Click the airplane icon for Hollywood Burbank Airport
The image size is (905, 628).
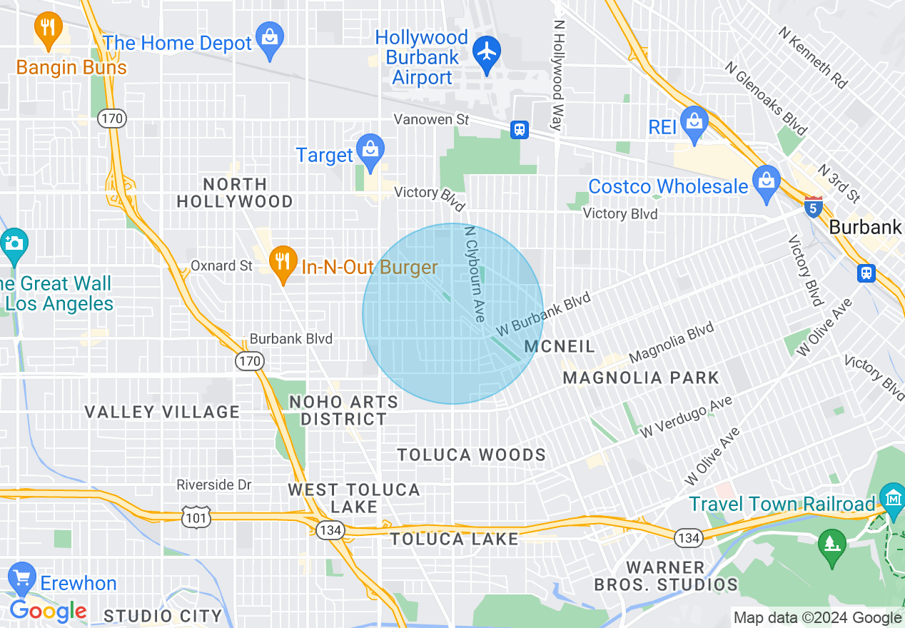coord(487,51)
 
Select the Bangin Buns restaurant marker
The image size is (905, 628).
coord(48,29)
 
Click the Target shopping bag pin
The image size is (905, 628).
coord(370,151)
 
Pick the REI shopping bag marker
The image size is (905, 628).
coord(694,121)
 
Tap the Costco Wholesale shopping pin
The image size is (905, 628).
coord(766,181)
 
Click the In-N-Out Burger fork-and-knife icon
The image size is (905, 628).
coord(283,262)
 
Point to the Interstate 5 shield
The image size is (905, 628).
coord(813,206)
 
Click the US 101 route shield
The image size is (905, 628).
coord(195,517)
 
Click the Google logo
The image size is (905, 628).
coord(49,612)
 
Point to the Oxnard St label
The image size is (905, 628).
coord(221,265)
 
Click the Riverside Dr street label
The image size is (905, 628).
coord(214,485)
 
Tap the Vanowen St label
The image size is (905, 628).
coord(433,119)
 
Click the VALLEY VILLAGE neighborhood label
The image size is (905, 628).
coord(162,412)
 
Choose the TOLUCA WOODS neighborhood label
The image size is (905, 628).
coord(471,455)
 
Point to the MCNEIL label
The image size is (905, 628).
coord(560,346)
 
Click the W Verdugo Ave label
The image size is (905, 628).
coord(686,417)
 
